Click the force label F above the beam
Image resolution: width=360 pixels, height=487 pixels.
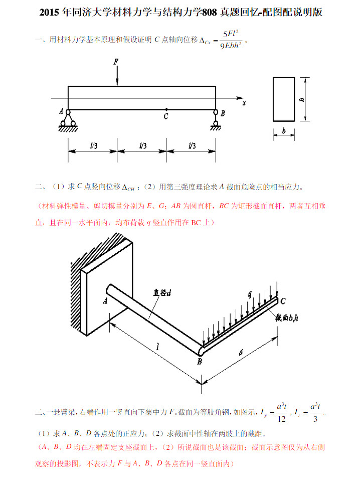pyautogui.click(x=116, y=62)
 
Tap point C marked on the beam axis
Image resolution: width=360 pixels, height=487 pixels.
pyautogui.click(x=166, y=109)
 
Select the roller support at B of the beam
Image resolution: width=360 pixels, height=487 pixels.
pyautogui.click(x=216, y=119)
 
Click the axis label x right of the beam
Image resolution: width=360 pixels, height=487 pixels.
pyautogui.click(x=244, y=103)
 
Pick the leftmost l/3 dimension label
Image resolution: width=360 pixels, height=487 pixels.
pyautogui.click(x=93, y=146)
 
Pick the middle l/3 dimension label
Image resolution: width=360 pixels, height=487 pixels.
pyautogui.click(x=142, y=146)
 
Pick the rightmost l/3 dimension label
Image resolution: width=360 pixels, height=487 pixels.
pyautogui.click(x=191, y=146)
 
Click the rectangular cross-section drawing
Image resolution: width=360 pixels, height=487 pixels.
pyautogui.click(x=284, y=99)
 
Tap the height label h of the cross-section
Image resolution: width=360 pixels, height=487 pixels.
pyautogui.click(x=302, y=99)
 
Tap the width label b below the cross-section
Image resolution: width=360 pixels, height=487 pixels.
pyautogui.click(x=284, y=131)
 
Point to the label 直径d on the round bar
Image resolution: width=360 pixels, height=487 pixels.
pyautogui.click(x=162, y=292)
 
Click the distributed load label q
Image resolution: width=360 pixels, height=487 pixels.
pyautogui.click(x=250, y=295)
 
